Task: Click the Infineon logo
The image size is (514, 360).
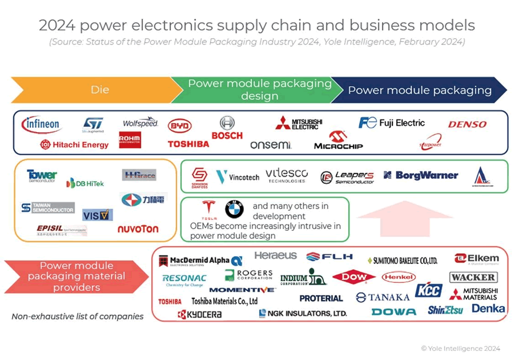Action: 41,124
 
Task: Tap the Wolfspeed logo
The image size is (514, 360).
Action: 140,123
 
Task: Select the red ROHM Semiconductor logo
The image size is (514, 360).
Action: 130,140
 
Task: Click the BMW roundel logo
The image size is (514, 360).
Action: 234,210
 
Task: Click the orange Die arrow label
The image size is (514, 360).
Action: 100,90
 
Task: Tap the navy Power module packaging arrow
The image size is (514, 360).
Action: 419,90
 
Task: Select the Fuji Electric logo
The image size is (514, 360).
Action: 392,123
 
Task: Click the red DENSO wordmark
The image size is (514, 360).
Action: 467,124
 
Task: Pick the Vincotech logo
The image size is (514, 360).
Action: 237,177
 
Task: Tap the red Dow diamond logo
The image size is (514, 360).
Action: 354,278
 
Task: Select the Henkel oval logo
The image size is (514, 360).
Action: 399,277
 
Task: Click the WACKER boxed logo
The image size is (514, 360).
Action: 473,277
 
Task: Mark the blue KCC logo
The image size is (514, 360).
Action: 428,291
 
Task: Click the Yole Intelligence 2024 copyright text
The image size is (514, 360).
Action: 460,348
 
